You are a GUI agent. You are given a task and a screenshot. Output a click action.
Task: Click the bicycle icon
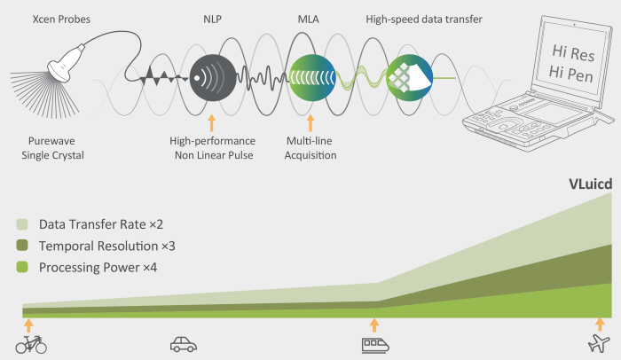pos(31,345)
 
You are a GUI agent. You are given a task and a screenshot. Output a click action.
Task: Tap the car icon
pos(184,345)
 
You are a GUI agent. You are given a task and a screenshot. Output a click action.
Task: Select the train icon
pos(375,345)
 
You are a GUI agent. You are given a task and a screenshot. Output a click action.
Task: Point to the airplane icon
pos(599,343)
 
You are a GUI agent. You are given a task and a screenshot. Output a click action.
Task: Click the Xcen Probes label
pos(61,19)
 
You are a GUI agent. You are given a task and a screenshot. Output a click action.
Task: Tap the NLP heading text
pos(212,19)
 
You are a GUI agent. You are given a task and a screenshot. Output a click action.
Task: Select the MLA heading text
pos(308,19)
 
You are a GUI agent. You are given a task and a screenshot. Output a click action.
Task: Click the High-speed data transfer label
pos(424,19)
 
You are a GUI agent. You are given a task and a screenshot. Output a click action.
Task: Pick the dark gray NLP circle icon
pos(213,78)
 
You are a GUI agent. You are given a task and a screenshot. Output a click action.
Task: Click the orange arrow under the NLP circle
pos(212,123)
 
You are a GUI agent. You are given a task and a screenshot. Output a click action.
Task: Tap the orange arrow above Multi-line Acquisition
pos(310,123)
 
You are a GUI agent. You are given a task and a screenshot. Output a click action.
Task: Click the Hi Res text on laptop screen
pos(573,53)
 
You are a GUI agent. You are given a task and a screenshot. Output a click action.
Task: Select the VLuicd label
pos(590,184)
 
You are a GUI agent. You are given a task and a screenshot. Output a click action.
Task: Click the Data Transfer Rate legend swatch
pos(22,224)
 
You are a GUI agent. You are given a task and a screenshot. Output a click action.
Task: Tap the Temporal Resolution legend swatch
pos(22,245)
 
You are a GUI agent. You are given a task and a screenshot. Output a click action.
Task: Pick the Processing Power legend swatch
pos(22,267)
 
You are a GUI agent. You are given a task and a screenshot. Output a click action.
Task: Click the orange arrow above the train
pos(374,325)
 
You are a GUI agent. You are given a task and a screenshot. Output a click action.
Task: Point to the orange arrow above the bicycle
pos(28,325)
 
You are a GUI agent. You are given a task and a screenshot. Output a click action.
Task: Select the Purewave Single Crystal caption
pos(52,148)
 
